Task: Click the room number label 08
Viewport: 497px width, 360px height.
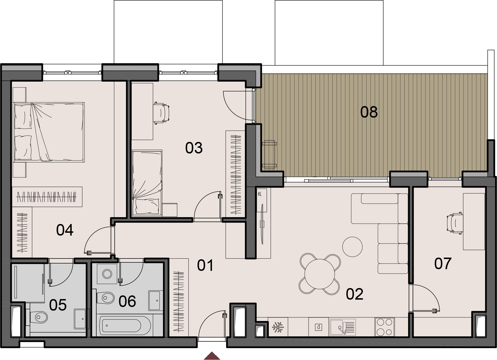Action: pos(369,112)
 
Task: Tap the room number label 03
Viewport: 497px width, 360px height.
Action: pos(194,148)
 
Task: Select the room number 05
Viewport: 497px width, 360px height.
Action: pos(58,305)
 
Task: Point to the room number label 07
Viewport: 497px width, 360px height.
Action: pos(443,264)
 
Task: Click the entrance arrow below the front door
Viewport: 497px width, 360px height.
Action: pos(212,356)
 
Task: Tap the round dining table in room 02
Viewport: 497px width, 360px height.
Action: pos(319,274)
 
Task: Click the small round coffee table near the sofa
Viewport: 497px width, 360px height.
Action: pos(352,247)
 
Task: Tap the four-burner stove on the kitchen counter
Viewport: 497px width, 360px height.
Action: pos(385,327)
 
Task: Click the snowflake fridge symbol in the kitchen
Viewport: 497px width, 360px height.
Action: pos(278,328)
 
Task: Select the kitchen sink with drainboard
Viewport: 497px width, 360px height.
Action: pos(342,327)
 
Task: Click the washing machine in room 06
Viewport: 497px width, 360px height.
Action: pos(107,274)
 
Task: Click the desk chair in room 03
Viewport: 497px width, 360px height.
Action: pos(161,113)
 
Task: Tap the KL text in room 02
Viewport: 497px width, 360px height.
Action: pos(260,194)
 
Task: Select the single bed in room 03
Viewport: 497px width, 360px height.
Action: pos(147,183)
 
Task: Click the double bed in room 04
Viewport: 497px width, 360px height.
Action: pos(49,132)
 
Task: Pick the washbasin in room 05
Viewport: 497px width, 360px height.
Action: pos(80,319)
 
